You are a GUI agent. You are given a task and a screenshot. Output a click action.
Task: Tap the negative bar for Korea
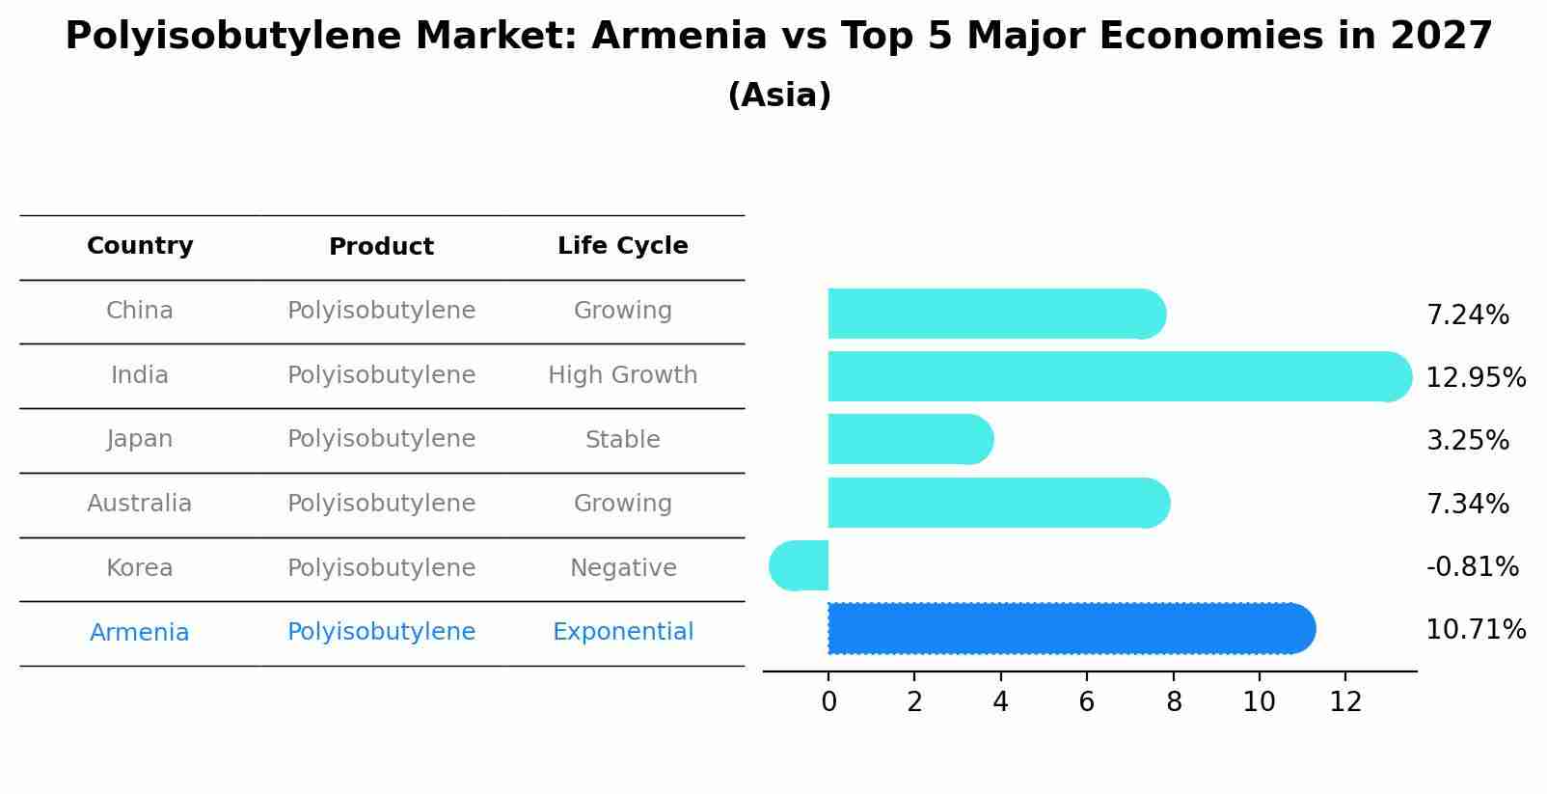click(800, 565)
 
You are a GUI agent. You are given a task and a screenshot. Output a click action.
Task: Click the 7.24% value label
click(1467, 315)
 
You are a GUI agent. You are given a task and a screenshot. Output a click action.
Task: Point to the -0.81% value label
click(1472, 567)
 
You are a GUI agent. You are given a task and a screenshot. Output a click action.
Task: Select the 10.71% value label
click(1476, 630)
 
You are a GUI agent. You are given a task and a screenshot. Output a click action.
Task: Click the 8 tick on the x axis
click(1173, 702)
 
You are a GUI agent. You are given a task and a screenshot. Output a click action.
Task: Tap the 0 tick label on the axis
click(828, 702)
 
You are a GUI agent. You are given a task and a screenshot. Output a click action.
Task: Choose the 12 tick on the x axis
click(1345, 702)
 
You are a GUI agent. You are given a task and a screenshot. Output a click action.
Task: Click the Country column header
click(140, 246)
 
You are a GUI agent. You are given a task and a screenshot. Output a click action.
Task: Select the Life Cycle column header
click(622, 246)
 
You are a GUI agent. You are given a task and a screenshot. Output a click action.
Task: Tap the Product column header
click(381, 247)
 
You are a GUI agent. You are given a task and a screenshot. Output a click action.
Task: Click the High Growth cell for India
click(622, 375)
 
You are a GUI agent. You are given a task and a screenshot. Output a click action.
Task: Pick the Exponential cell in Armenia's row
click(622, 632)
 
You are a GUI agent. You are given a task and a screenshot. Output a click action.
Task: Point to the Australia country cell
click(140, 504)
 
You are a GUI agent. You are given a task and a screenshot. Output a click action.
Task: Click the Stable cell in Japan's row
click(622, 440)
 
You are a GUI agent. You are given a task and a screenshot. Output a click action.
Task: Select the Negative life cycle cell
click(622, 568)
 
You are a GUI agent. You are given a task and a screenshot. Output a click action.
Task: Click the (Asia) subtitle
click(779, 96)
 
